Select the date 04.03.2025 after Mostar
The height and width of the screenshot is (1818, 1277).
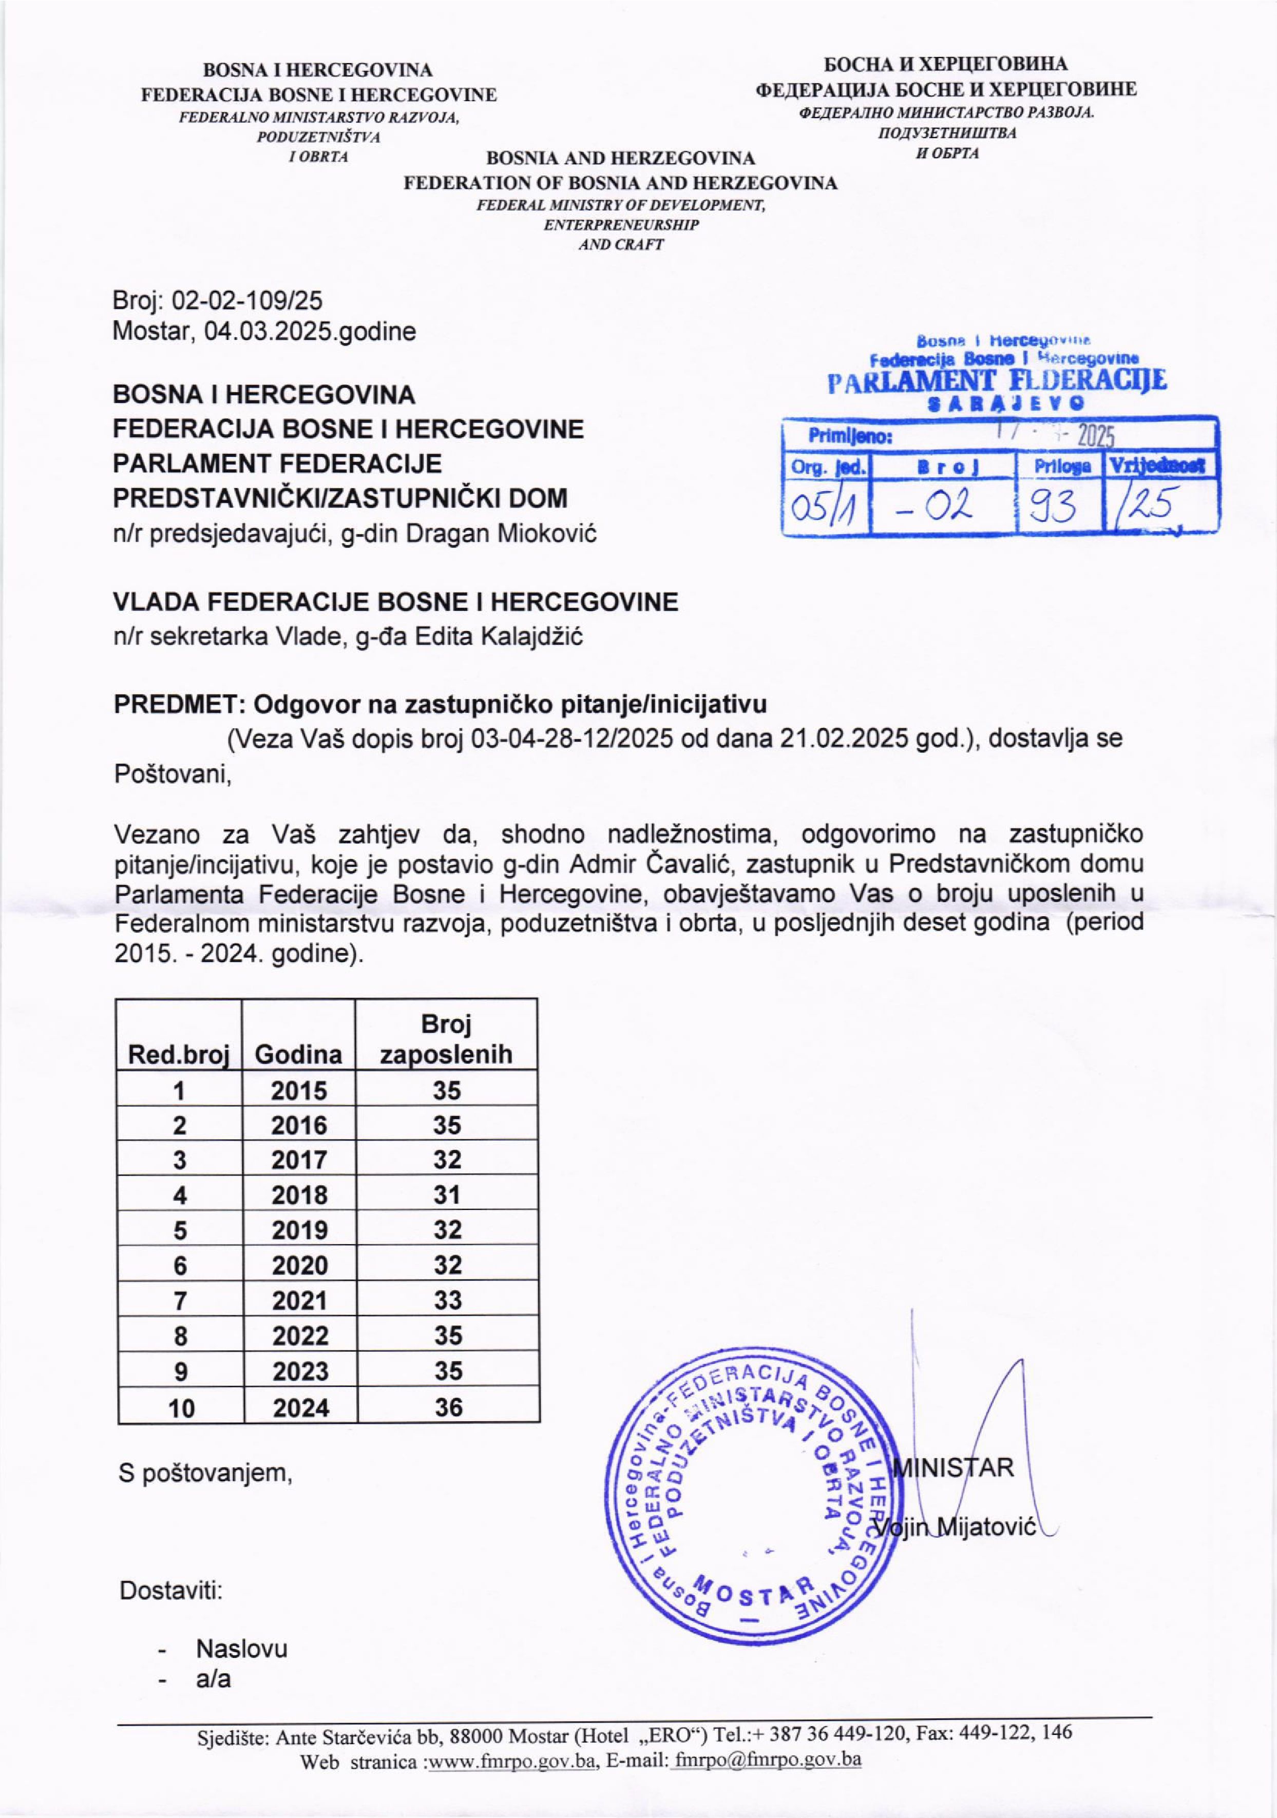pyautogui.click(x=270, y=331)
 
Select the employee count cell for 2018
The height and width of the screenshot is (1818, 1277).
pyautogui.click(x=447, y=1195)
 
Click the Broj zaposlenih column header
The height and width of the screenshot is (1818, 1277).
pyautogui.click(x=446, y=1040)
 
